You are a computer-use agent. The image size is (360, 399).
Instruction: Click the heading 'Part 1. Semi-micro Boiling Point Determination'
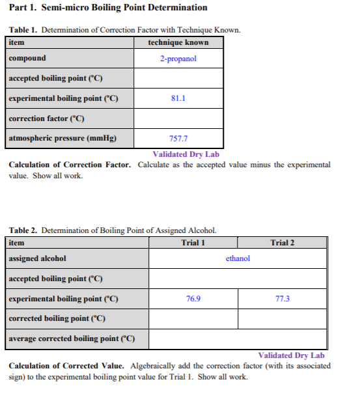[x=108, y=8]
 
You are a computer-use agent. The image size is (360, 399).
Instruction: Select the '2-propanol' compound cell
[x=178, y=59]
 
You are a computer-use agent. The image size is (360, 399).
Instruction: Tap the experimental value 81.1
[x=178, y=98]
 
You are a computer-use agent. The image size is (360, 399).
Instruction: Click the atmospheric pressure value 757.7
[x=178, y=139]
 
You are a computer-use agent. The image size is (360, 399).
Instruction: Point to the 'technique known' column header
[x=178, y=43]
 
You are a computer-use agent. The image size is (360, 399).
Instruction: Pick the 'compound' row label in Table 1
[x=27, y=59]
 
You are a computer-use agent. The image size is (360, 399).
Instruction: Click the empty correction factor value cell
[x=178, y=118]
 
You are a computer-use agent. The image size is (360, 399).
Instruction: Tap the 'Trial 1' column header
[x=193, y=243]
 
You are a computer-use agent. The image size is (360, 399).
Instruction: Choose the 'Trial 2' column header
[x=282, y=243]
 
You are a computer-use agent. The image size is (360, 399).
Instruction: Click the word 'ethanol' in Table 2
[x=238, y=258]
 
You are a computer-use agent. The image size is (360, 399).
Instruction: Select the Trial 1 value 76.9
[x=193, y=299]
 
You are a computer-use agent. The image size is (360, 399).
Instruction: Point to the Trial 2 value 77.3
[x=282, y=299]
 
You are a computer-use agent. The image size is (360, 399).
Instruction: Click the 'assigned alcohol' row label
[x=38, y=258]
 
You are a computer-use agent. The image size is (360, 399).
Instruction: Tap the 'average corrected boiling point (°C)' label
[x=72, y=339]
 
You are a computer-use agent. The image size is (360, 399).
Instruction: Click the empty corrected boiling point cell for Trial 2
[x=282, y=319]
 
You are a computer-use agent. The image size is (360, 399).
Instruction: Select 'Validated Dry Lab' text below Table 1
[x=186, y=155]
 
